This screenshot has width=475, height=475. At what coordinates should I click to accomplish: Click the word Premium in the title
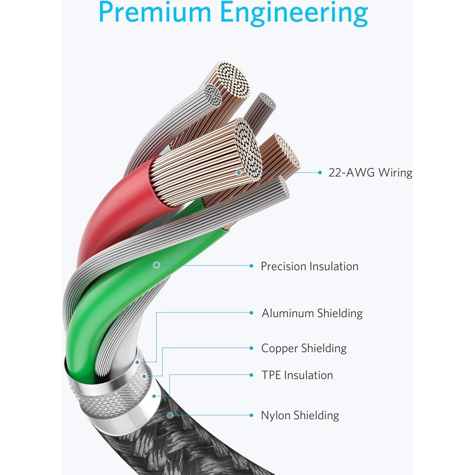click(x=155, y=12)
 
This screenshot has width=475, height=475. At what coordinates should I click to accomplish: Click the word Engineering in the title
click(x=294, y=13)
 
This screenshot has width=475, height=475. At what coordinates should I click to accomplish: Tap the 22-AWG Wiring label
click(x=370, y=173)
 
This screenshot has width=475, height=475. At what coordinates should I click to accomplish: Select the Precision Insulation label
click(x=309, y=266)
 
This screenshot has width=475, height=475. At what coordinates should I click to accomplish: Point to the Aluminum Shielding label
click(x=312, y=313)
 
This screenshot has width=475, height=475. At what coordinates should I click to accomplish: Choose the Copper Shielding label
click(x=304, y=349)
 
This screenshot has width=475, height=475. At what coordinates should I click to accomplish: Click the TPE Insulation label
click(x=297, y=375)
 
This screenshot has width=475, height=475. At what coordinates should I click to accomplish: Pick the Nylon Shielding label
click(x=300, y=415)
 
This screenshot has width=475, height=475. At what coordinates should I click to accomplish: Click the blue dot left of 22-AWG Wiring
click(x=320, y=173)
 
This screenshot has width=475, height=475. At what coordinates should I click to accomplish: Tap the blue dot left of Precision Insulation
click(x=251, y=266)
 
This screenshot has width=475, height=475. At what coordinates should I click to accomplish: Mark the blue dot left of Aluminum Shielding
click(x=251, y=313)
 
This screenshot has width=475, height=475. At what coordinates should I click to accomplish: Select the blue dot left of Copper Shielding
click(x=251, y=348)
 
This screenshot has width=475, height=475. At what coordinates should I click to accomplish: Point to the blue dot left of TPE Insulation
click(x=251, y=375)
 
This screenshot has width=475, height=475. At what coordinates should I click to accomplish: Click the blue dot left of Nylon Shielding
click(x=251, y=415)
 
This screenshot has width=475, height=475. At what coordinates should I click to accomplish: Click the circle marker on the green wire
click(x=156, y=265)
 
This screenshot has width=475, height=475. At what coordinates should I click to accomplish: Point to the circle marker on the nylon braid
click(x=170, y=415)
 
